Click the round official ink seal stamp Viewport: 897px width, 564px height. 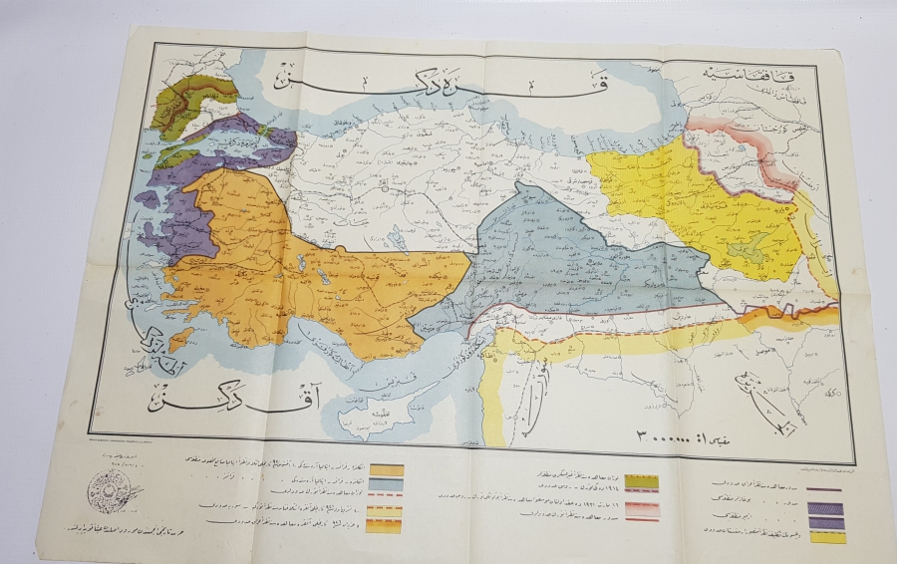[109, 489]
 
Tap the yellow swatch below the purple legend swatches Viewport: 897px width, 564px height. [827, 537]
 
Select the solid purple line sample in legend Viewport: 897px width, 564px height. [827, 489]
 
